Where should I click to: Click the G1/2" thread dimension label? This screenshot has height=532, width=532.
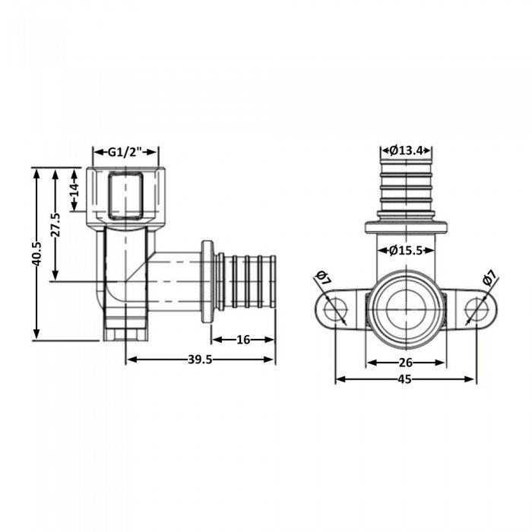(x=125, y=152)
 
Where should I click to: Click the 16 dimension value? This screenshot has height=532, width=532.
(x=242, y=340)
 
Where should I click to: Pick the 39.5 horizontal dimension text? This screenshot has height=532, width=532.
(x=199, y=359)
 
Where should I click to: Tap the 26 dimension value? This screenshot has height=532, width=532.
(x=404, y=363)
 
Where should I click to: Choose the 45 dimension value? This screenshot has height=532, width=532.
(x=404, y=379)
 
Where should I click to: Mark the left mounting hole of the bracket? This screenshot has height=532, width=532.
(x=333, y=310)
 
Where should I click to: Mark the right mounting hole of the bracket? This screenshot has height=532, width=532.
(x=477, y=310)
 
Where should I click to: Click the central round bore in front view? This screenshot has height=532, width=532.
(x=405, y=308)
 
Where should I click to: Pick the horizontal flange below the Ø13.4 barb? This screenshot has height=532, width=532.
(x=405, y=226)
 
